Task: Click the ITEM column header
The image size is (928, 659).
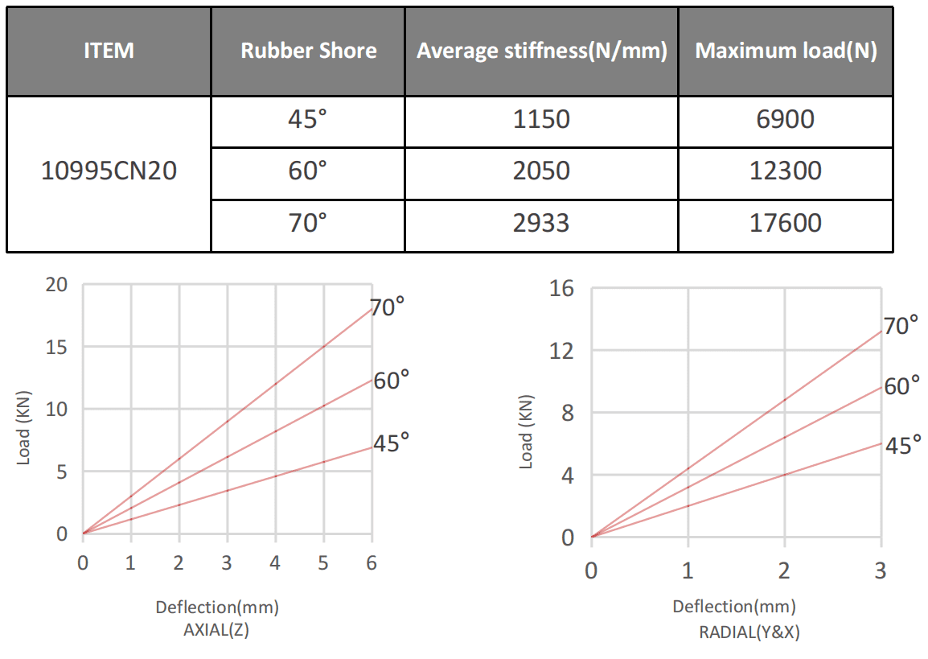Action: [x=109, y=51]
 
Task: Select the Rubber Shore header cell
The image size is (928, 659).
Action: [x=309, y=51]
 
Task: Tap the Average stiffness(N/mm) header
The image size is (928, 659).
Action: [x=542, y=51]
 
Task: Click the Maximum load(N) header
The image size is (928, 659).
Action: [x=786, y=51]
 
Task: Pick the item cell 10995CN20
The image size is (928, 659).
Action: [x=109, y=171]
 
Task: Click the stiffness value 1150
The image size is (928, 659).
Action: [x=541, y=120]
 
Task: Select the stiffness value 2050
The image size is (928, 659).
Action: [x=541, y=171]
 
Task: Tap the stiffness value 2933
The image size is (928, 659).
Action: [x=541, y=222]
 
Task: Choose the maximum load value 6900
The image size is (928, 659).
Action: [x=786, y=120]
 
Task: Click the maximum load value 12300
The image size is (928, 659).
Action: [x=786, y=171]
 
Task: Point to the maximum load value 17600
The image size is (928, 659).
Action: [x=786, y=222]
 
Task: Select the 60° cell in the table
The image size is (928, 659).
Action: [x=308, y=171]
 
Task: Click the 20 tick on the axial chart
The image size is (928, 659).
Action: [x=59, y=285]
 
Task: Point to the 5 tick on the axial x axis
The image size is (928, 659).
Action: [x=323, y=562]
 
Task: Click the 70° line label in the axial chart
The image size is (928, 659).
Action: [x=388, y=307]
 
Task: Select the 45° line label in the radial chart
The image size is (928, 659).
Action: [x=902, y=445]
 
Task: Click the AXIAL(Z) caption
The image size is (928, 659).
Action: [x=216, y=630]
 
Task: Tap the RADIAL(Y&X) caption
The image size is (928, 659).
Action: [x=749, y=632]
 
